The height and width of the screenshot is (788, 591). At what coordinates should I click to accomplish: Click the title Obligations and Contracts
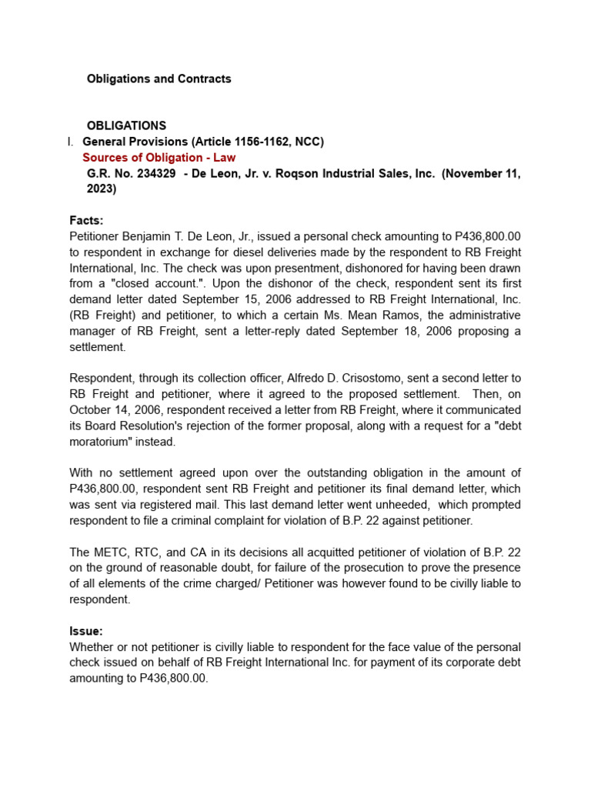[x=159, y=78]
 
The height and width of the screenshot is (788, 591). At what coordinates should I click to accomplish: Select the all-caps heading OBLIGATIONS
[x=126, y=125]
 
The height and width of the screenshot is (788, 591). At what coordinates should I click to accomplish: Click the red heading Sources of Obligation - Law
[x=159, y=158]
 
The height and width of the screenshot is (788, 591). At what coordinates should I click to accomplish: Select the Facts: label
[x=86, y=220]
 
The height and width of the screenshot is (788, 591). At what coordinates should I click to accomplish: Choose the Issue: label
[x=85, y=630]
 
